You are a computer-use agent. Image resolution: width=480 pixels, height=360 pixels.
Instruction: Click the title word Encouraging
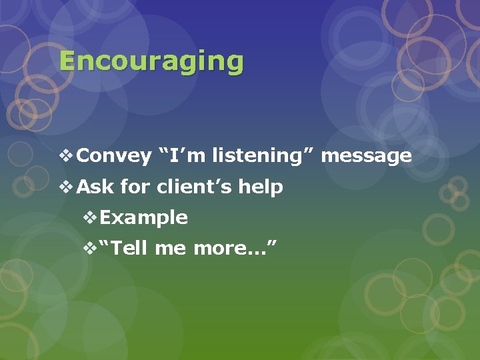pos(151,61)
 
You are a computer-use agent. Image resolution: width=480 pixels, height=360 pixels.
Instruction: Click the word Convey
pos(114,156)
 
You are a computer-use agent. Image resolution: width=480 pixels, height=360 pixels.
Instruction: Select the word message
pos(367,156)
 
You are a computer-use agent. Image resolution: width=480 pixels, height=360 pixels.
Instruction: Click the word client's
pos(195,187)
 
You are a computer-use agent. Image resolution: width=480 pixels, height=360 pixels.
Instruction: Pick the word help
pos(261,187)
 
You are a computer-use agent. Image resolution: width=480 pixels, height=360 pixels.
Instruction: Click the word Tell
pos(132,249)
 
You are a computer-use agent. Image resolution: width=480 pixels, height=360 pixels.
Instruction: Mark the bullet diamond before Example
pos(90,217)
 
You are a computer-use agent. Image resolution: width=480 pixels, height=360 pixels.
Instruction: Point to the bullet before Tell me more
pos(90,249)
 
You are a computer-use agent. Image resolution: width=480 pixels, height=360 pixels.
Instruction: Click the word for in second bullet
pos(136,187)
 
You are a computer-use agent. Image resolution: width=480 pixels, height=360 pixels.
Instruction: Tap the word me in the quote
pos(171,249)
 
